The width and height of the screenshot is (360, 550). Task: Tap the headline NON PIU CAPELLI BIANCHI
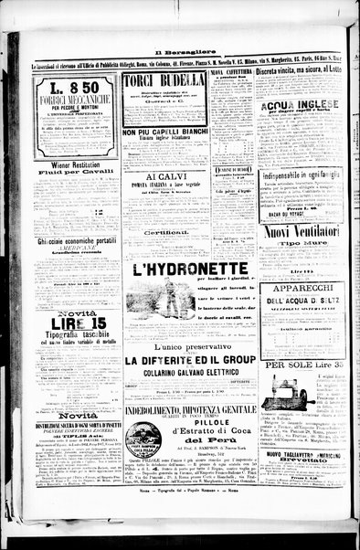(165, 133)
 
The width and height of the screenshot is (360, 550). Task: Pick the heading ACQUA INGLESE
(301, 105)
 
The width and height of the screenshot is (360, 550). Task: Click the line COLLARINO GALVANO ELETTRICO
(190, 373)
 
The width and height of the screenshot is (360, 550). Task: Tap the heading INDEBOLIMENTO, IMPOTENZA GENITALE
(190, 410)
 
